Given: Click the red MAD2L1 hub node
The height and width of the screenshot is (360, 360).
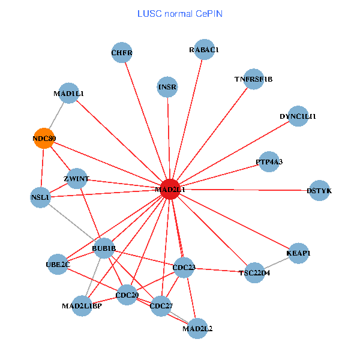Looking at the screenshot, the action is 170,189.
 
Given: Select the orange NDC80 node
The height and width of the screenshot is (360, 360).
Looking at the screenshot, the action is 44,139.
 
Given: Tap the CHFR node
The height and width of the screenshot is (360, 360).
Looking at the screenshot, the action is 122,53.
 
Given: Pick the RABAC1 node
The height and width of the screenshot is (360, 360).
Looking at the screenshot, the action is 204,50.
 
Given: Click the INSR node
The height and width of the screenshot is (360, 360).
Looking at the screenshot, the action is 167,87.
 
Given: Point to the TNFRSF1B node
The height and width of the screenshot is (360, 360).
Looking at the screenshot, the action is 254,79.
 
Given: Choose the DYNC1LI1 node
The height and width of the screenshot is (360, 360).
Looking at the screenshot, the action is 298,116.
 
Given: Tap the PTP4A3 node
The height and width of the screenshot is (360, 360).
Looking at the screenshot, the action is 269,161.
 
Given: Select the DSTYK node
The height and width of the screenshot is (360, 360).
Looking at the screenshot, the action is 319,190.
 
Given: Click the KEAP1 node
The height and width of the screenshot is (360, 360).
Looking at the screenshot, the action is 299,253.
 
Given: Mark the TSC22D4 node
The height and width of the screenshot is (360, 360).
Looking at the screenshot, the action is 255,273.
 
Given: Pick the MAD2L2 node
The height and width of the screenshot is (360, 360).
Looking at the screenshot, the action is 197,328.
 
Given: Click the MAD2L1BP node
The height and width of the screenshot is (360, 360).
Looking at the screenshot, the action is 82,306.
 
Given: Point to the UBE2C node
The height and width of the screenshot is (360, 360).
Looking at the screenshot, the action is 58,264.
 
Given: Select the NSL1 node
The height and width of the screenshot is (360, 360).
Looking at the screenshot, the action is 40,197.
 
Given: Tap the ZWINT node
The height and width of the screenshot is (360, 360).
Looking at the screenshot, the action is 77,179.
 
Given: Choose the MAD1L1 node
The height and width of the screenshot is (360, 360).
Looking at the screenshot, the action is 69,94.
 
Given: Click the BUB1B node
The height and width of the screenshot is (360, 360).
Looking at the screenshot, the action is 104,248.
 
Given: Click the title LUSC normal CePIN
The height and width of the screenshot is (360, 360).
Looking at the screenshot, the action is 179,13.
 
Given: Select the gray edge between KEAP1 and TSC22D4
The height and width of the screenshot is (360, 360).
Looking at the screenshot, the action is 277,263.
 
